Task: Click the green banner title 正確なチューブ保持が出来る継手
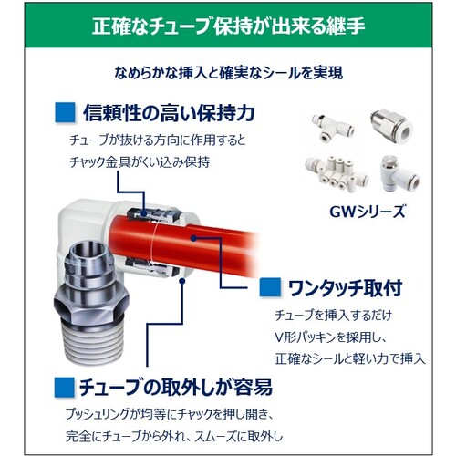point(228,26)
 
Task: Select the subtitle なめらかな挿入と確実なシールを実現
point(228,73)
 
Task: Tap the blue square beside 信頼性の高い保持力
point(65,112)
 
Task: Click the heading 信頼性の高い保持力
point(169,113)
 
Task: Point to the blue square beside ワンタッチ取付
point(270,287)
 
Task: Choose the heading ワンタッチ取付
point(345,287)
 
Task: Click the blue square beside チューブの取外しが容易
point(65,388)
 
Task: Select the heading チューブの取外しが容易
point(176,388)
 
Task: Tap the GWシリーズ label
point(368,212)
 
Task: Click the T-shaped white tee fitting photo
point(332,128)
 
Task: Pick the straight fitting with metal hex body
point(391,125)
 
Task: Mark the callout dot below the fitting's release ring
point(182,281)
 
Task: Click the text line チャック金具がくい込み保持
point(140,162)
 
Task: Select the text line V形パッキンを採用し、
point(331,337)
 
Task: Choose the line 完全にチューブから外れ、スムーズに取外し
point(174,437)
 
